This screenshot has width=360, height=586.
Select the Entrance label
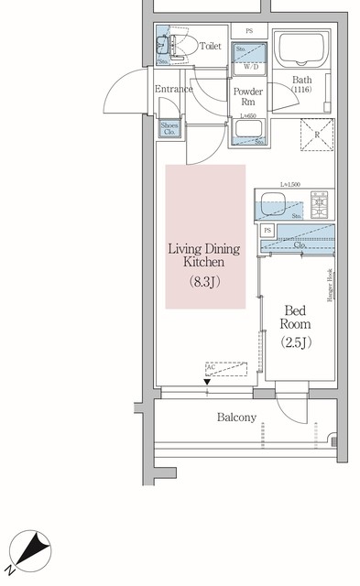[x=173, y=89]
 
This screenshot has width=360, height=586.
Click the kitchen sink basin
[x=274, y=203]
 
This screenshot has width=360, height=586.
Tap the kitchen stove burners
[x=322, y=200]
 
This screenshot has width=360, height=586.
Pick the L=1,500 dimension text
[x=291, y=186]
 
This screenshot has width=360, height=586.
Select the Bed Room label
[x=296, y=317]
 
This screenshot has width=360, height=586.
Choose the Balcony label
[x=236, y=417]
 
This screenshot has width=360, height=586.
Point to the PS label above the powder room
[x=248, y=31]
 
